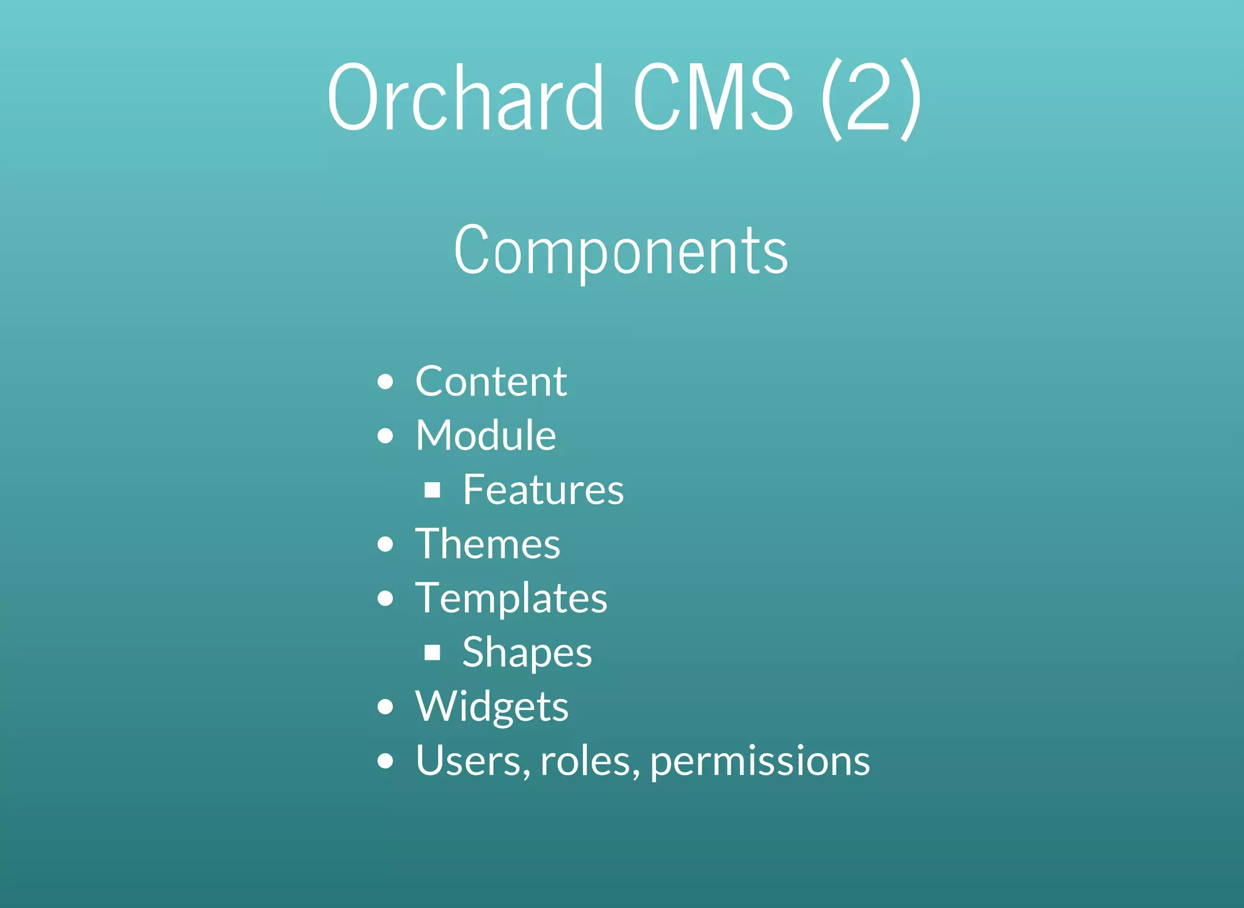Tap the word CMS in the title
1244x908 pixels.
(713, 97)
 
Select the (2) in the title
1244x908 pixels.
(870, 98)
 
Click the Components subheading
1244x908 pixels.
(621, 250)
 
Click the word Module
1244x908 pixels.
(485, 435)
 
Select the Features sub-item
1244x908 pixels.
(543, 490)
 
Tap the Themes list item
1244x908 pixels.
(487, 544)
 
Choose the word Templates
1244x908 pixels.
(511, 598)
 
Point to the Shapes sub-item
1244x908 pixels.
(527, 652)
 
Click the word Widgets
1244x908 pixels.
(491, 706)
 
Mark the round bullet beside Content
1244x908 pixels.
(385, 382)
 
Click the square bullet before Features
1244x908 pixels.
(432, 490)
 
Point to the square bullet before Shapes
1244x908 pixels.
(432, 653)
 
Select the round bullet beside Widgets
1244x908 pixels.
(385, 707)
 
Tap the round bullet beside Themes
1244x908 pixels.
(385, 544)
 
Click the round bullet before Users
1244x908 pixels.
(385, 761)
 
